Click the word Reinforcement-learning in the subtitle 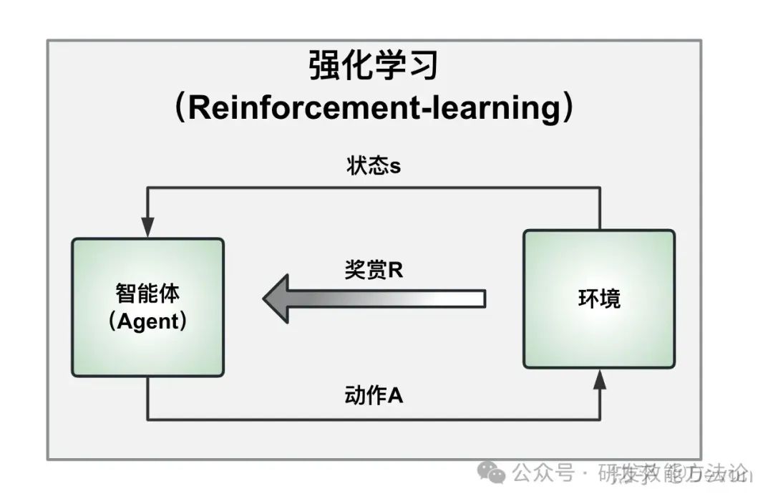[x=373, y=108]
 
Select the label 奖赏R [x=374, y=271]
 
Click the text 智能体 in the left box [x=147, y=293]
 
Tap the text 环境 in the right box [x=599, y=299]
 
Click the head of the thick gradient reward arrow [x=276, y=299]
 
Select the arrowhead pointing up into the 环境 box [x=600, y=379]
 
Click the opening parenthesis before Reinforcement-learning [x=180, y=109]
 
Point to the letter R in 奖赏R [x=396, y=271]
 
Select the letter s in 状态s [x=394, y=168]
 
